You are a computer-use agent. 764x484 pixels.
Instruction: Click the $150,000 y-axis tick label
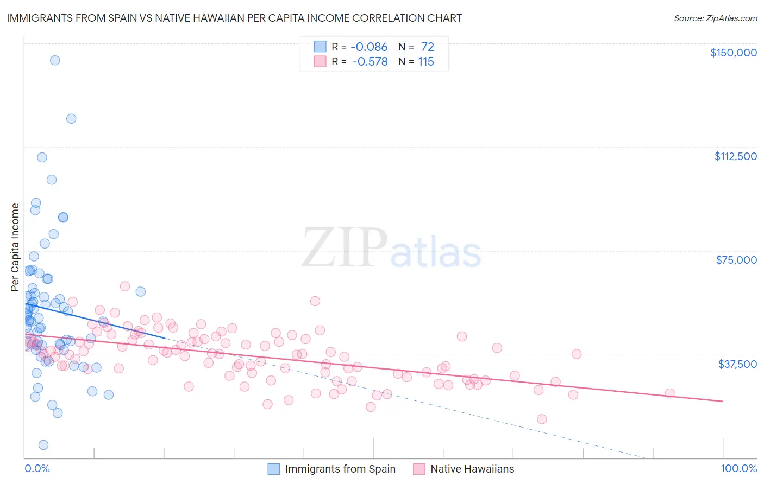coord(733,53)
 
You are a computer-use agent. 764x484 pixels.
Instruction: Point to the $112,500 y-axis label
coord(735,156)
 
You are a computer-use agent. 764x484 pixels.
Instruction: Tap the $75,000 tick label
coord(736,260)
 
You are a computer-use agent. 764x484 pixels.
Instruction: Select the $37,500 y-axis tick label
coord(737,364)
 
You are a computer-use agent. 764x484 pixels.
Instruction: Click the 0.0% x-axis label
coord(37,468)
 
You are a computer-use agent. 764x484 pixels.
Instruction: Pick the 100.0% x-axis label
coord(738,468)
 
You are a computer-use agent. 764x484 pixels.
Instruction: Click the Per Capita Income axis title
coord(15,247)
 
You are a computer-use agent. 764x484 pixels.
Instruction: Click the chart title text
coord(234,18)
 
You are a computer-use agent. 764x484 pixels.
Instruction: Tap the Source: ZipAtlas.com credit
coord(715,18)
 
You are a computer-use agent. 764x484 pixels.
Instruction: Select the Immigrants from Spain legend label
coord(340,469)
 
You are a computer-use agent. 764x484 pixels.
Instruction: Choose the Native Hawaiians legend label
coord(472,469)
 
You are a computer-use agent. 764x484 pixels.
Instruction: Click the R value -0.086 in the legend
coord(369,47)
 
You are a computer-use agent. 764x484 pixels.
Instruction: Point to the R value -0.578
coord(370,62)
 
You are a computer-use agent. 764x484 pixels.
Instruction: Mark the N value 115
coord(426,62)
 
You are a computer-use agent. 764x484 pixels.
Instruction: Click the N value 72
coord(427,47)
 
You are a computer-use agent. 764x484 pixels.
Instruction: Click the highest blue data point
coord(55,60)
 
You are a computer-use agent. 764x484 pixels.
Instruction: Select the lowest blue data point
coord(43,445)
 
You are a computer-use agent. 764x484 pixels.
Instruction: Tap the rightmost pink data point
coord(669,393)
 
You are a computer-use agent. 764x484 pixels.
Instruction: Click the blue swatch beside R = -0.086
coord(320,47)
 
